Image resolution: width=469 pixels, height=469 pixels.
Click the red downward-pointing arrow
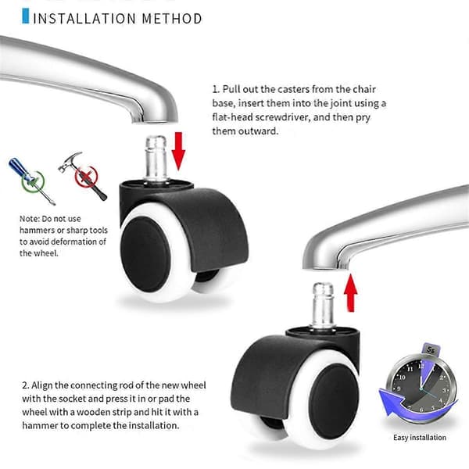click(x=178, y=151)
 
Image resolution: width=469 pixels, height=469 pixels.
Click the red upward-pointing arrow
click(x=350, y=293)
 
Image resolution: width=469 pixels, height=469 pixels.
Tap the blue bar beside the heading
click(x=26, y=16)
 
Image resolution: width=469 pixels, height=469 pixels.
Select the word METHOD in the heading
click(x=172, y=19)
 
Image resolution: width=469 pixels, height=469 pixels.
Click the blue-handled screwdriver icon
click(x=31, y=181)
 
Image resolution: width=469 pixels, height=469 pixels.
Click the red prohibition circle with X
click(x=87, y=177)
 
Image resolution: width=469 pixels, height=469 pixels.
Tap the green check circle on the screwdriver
click(x=33, y=181)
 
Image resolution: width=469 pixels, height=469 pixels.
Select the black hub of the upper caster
click(x=145, y=254)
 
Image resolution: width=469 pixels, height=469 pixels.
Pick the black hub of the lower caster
click(x=334, y=402)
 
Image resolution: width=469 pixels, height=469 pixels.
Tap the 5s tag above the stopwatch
click(x=431, y=349)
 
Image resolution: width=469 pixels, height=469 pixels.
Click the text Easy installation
click(x=420, y=437)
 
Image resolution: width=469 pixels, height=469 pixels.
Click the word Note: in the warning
click(x=30, y=219)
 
